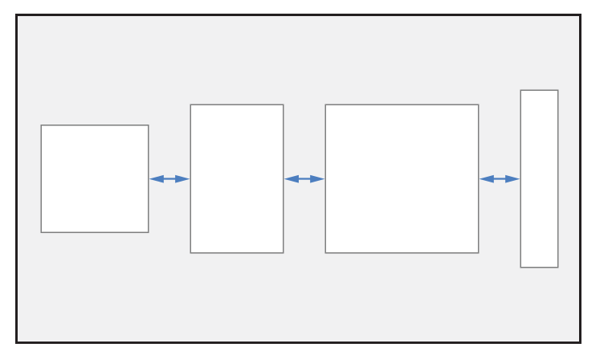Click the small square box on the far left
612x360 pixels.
[95, 178]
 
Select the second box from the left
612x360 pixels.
[237, 178]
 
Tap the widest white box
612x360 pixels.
[402, 178]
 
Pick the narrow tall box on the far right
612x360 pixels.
[539, 178]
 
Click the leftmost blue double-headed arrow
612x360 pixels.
[169, 179]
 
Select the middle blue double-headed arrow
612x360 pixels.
[304, 179]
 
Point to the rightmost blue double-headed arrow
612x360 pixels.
[500, 179]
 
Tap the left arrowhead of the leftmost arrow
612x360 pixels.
[155, 179]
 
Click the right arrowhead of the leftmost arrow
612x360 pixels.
[184, 179]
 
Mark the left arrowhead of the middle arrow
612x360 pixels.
[290, 179]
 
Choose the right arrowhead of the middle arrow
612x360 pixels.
[319, 179]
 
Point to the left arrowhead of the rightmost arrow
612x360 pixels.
[485, 179]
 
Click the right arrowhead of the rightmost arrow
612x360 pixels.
[514, 179]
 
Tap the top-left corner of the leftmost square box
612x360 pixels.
[41, 125]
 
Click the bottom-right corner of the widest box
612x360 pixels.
[479, 253]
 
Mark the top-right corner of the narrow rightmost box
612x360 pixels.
[558, 90]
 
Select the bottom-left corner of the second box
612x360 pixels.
[190, 253]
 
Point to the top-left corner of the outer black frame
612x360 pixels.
[16, 14]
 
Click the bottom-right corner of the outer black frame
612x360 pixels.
[580, 343]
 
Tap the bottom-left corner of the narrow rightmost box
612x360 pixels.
[520, 268]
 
